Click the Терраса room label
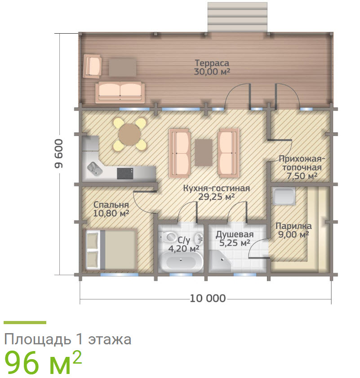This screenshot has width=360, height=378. click(x=212, y=63)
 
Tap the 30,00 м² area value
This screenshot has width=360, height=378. click(x=212, y=71)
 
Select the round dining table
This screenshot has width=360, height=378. click(x=129, y=135)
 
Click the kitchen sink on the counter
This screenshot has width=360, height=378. click(x=94, y=168)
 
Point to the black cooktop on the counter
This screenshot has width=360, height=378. click(x=125, y=174)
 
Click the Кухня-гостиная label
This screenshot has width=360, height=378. click(x=217, y=188)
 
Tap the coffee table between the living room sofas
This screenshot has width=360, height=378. click(x=204, y=153)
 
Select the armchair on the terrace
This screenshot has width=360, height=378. click(x=93, y=66)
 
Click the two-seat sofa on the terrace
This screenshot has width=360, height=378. click(x=120, y=92)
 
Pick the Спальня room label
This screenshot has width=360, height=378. click(x=111, y=205)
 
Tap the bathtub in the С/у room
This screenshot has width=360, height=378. click(x=181, y=262)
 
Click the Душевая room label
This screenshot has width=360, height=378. click(x=235, y=234)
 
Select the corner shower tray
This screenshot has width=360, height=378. click(x=220, y=262)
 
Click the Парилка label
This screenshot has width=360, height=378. click(x=293, y=226)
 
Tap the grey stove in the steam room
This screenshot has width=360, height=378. click(x=284, y=196)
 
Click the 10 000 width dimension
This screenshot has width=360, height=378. click(x=208, y=299)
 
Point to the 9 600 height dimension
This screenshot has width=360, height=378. click(x=58, y=154)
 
